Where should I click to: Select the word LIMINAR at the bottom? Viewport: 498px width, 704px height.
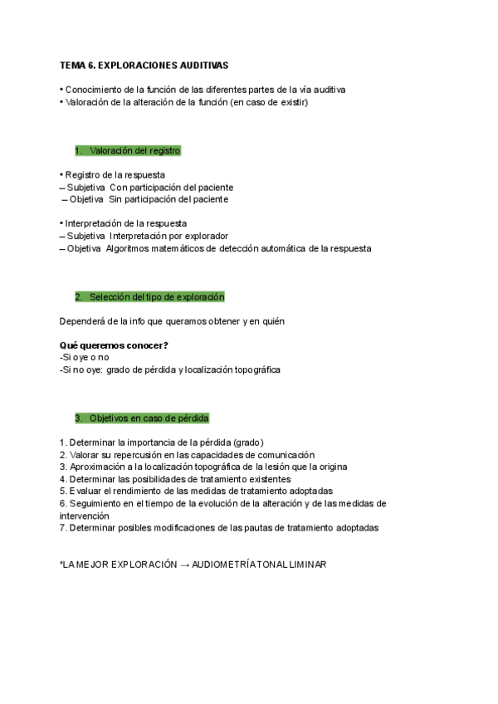[306, 565]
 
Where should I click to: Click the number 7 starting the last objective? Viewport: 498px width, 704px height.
[62, 528]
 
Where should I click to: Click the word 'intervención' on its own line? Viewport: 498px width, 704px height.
[84, 516]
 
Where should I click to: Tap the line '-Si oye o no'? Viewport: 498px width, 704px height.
[84, 357]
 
